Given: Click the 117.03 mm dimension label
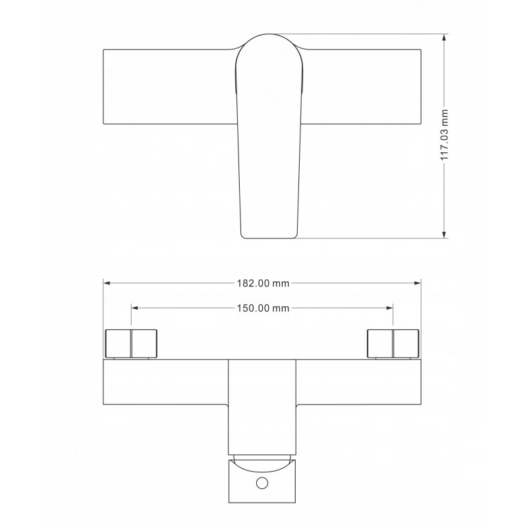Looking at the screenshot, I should pyautogui.click(x=445, y=136).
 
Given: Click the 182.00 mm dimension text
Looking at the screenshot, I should pyautogui.click(x=263, y=283).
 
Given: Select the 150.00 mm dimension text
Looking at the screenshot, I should pyautogui.click(x=263, y=308).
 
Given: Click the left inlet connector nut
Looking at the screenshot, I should pyautogui.click(x=132, y=343).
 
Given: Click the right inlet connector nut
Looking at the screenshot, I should pyautogui.click(x=393, y=343).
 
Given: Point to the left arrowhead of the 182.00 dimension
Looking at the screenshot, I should pyautogui.click(x=107, y=283).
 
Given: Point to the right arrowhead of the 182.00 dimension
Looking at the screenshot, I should pyautogui.click(x=418, y=283).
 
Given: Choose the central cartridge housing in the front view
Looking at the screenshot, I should pyautogui.click(x=262, y=405).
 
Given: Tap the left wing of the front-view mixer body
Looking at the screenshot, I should pyautogui.click(x=165, y=382).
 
